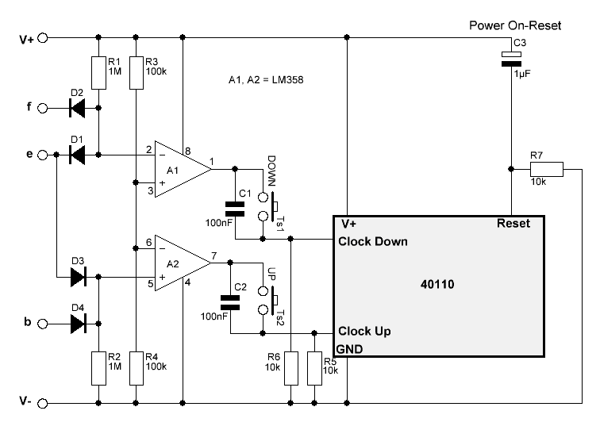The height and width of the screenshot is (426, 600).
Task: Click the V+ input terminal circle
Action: point(43,38)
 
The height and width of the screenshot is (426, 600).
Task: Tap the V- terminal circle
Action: point(43,404)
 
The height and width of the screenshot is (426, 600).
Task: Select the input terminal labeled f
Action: point(43,109)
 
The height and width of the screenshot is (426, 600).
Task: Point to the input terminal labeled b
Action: point(43,324)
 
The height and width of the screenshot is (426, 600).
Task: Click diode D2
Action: point(77,108)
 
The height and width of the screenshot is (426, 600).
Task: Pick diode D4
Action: point(79,324)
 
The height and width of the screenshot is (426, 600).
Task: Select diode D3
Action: point(79,277)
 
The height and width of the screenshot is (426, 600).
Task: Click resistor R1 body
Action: point(98,73)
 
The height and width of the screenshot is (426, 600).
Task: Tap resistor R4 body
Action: point(137,369)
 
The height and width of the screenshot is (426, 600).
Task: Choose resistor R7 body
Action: point(547,169)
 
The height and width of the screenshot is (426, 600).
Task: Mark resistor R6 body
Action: point(290,369)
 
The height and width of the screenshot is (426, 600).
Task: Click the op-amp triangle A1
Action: point(183,169)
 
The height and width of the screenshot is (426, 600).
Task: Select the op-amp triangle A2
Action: point(183,263)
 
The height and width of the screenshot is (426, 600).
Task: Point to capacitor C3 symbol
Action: point(511,59)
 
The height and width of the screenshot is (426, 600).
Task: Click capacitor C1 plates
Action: point(235,209)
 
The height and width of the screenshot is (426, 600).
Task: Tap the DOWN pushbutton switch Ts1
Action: point(268,206)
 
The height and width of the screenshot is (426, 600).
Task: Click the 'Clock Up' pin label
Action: point(364,331)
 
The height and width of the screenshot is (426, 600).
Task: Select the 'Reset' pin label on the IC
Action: point(513,224)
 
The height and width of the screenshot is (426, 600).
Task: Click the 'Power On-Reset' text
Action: point(515,25)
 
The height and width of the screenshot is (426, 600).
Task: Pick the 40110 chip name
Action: point(437,284)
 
